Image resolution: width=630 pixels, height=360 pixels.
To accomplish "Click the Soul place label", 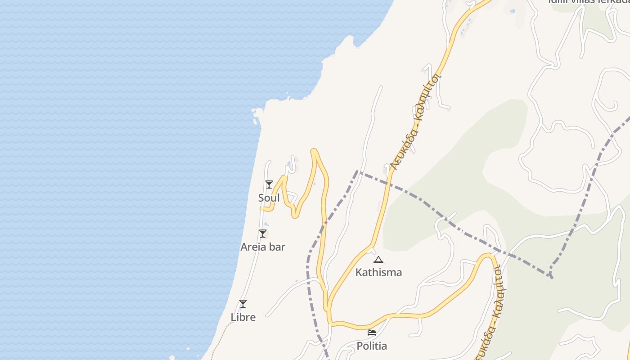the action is (269, 198).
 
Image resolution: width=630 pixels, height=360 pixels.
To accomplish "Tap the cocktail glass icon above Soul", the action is (269, 184).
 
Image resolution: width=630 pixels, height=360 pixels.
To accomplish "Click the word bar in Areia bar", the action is (277, 247).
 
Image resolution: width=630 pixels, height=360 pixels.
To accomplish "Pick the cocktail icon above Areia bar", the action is (263, 234).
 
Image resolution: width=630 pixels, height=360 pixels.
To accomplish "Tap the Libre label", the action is (243, 317).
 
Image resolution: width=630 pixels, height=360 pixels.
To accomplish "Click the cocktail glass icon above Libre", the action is (243, 304).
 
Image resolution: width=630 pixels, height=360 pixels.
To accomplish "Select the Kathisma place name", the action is (378, 272).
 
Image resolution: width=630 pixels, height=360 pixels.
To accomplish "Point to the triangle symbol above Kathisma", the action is (378, 260).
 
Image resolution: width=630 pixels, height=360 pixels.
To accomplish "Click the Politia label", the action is (372, 346).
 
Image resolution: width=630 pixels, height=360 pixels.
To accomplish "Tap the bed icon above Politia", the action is (372, 333).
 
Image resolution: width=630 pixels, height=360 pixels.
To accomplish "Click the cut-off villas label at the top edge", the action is (588, 1).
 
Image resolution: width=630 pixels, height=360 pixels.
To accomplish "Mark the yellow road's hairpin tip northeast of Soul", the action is (314, 151).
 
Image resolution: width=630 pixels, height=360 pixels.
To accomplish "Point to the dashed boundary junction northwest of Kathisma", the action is (357, 171).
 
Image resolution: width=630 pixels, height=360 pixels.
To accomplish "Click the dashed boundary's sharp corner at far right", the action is (551, 275).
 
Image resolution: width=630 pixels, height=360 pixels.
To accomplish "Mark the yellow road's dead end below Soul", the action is (261, 209).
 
